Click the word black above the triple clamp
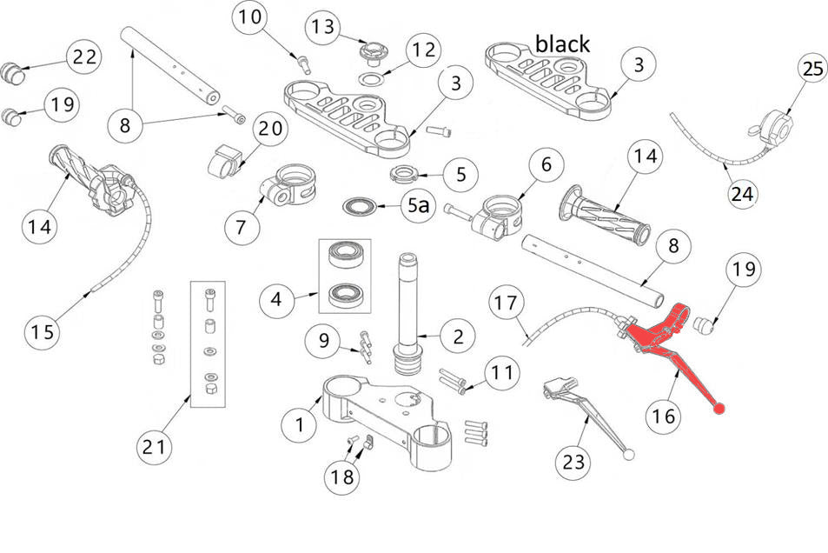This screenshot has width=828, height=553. click(562, 43)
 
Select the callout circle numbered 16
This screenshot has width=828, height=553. click(663, 416)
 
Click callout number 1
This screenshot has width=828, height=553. click(301, 424)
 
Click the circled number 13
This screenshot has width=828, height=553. click(322, 28)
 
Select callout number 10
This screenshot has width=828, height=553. click(248, 17)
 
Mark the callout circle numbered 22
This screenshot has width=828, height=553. click(84, 57)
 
